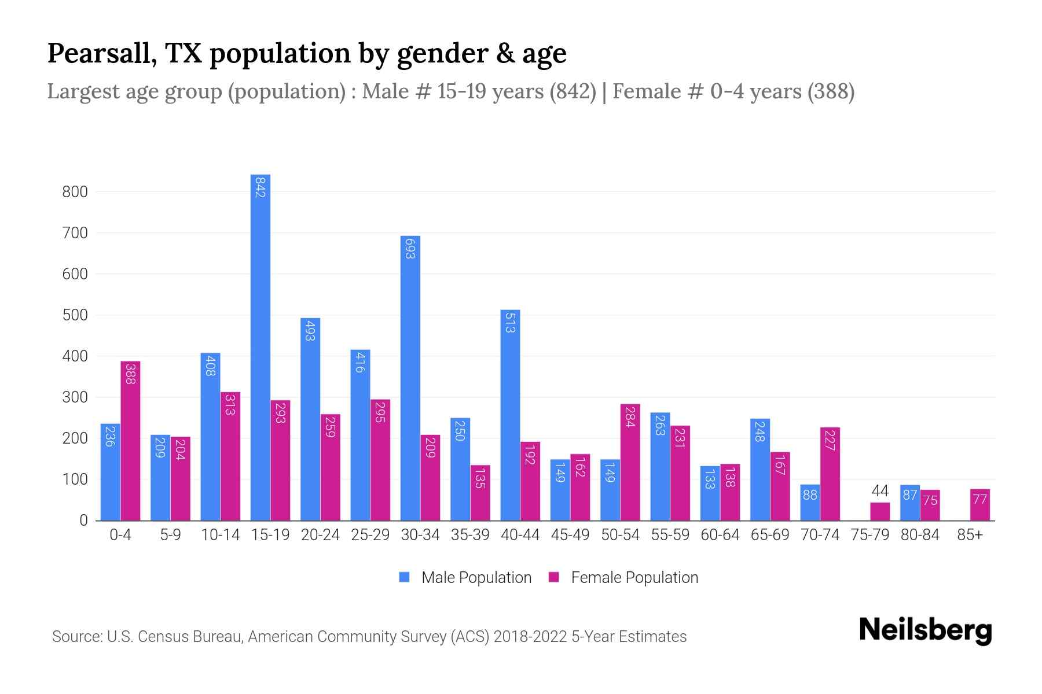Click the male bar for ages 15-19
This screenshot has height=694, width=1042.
point(260,347)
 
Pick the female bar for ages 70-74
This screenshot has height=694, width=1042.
point(830,474)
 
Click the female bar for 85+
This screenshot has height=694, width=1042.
point(979,505)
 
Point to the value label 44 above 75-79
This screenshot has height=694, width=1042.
point(879,491)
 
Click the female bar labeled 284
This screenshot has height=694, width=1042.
point(630,462)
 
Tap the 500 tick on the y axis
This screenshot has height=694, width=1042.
point(75,315)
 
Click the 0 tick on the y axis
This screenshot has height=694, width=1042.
point(83,520)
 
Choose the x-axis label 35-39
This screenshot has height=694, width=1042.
point(470,535)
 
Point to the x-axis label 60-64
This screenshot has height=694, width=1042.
point(720,535)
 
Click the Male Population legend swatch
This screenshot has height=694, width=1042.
point(404,577)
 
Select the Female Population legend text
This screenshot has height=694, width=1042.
point(634,577)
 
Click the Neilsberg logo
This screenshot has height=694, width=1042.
point(925,630)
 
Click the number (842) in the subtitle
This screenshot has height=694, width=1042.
point(573,91)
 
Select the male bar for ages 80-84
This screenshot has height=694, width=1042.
point(909,503)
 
